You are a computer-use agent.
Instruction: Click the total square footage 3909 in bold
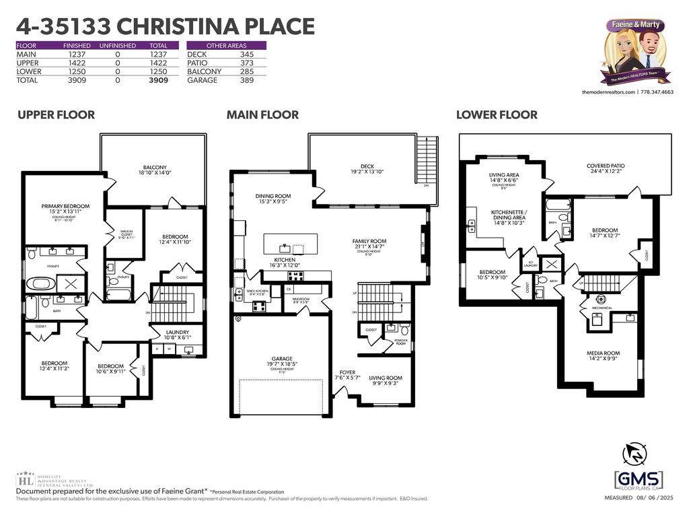coord(158,80)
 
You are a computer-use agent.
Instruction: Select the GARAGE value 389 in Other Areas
coord(247,80)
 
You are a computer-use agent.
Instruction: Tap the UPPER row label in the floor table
coord(28,63)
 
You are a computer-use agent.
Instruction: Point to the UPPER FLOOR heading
coord(56,115)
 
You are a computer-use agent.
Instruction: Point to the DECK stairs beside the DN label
coord(427,158)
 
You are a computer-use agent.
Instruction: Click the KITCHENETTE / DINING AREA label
coord(508,215)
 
